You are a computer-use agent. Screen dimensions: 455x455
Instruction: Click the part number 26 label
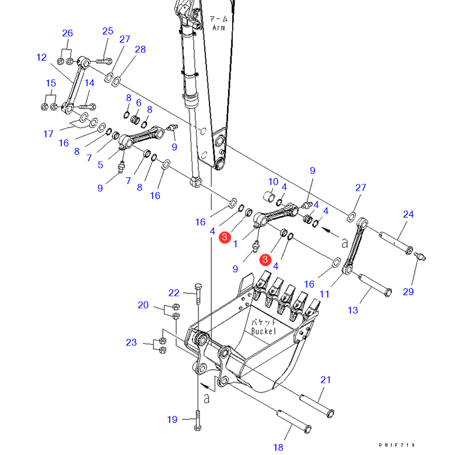coord(68,33)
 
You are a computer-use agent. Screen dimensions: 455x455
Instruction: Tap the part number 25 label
coord(108,31)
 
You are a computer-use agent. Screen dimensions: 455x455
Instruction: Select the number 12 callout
coord(41,57)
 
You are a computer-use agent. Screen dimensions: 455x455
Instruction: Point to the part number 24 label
coord(408,214)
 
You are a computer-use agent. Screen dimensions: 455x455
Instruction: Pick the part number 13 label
coord(353,310)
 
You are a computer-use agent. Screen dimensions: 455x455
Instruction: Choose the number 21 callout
coord(325,380)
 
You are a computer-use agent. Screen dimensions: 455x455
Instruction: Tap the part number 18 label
coord(278,447)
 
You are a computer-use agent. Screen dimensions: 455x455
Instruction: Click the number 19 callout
coord(172,419)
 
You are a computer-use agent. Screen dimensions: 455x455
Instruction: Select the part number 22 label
coord(174,292)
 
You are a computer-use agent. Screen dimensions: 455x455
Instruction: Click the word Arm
coord(218,27)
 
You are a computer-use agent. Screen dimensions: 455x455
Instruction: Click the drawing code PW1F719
coord(397,445)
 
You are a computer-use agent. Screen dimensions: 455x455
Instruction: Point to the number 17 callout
coord(48,134)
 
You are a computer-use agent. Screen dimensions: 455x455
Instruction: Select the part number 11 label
coord(324,295)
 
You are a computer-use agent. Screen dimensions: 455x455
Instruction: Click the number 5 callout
coord(100,165)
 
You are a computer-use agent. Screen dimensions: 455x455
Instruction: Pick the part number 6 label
coord(139,103)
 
